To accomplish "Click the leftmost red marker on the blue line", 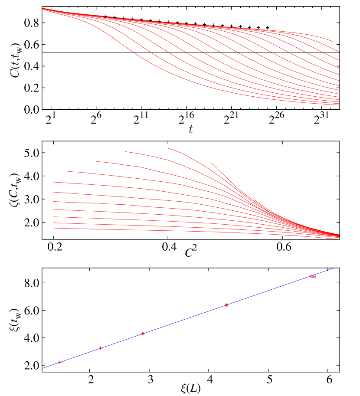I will (60, 362).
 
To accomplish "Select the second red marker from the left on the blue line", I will (101, 348).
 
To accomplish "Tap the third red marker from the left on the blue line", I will (143, 334).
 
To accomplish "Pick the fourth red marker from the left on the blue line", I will (226, 305).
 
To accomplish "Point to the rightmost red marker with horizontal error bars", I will (313, 276).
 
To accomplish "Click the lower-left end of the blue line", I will (43, 368).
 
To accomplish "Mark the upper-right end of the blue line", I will (333, 268).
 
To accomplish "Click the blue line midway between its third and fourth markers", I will (185, 319).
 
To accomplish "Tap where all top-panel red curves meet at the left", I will (43, 9).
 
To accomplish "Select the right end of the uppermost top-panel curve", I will (333, 41).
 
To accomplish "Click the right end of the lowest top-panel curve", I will (338, 105).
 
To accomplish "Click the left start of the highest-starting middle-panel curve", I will (168, 148).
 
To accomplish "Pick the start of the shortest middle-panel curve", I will (211, 163).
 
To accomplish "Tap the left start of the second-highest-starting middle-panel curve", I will (125, 151).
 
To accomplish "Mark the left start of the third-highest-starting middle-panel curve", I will (96, 161).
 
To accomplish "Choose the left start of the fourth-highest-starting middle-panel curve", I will (68, 171).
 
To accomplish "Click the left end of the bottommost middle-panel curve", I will (54, 228).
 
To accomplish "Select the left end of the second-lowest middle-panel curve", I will (54, 223).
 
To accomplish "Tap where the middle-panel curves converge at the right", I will (338, 236).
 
